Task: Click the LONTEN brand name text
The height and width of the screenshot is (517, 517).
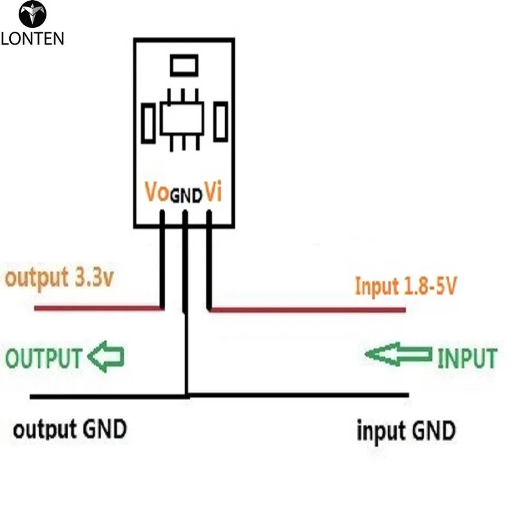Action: click(x=32, y=37)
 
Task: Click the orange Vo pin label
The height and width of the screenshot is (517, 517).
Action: click(x=157, y=192)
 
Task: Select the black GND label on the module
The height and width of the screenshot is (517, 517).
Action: click(x=185, y=196)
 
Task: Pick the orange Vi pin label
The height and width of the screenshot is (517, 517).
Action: click(x=214, y=192)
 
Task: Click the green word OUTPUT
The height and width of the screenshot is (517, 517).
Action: click(x=45, y=358)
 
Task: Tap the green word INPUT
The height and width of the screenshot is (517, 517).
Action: click(x=467, y=358)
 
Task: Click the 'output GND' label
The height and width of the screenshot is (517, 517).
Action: click(x=70, y=429)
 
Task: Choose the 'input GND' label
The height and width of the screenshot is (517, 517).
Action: click(x=406, y=430)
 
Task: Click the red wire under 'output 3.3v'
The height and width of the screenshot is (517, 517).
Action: click(x=97, y=309)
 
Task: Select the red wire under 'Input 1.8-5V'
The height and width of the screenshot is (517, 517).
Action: click(x=308, y=310)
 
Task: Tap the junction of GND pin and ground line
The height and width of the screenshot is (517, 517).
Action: click(x=186, y=395)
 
